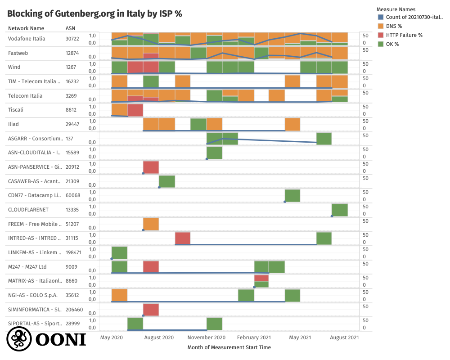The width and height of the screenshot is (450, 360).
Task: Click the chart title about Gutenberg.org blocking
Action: pos(94,13)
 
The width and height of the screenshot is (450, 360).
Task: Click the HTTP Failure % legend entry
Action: pos(404,35)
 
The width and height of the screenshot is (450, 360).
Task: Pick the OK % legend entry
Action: pos(392,44)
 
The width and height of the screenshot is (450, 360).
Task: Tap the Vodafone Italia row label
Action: pos(27,39)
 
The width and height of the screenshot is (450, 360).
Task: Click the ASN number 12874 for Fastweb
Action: pos(72,53)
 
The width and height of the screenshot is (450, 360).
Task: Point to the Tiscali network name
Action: pos(16,110)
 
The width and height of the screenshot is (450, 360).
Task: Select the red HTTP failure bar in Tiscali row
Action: pos(135,110)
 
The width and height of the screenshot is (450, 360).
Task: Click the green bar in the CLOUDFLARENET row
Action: pos(340,210)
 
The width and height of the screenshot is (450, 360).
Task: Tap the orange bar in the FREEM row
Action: pos(151,224)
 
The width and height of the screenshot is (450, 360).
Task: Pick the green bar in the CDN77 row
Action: pos(292,196)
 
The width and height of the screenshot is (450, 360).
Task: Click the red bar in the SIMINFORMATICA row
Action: pos(151,310)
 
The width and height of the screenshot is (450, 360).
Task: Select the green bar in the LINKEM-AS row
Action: pos(119,253)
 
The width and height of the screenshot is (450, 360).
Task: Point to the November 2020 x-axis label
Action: pos(207,337)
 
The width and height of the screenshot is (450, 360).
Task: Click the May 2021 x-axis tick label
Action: pos(300,337)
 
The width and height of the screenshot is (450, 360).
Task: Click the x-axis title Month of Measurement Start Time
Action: pos(229,347)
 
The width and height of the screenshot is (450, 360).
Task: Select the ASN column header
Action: pos(71,28)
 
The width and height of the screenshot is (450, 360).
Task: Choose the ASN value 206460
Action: pos(74,310)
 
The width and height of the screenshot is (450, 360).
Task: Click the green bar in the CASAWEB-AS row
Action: pos(166,181)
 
